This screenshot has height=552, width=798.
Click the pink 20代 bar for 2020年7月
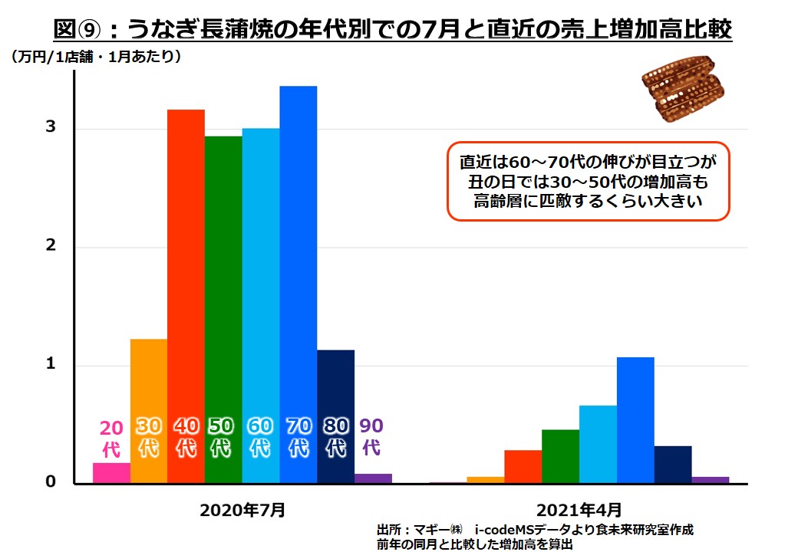[x=111, y=473]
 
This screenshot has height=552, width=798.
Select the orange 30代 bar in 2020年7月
[x=149, y=383]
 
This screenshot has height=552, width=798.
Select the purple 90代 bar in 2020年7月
[x=373, y=478]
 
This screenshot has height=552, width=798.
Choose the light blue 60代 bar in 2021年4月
[x=598, y=445]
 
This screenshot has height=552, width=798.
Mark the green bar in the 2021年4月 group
[x=560, y=457]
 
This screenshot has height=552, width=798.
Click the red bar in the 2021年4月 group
[x=523, y=467]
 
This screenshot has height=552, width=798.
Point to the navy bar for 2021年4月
[x=673, y=465]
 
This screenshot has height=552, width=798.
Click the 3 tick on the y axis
[x=50, y=127]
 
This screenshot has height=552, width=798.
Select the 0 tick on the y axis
[x=50, y=482]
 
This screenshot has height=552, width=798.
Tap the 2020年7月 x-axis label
[x=242, y=509]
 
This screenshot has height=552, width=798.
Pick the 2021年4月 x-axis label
[x=579, y=509]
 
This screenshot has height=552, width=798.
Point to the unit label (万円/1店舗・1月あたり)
[x=96, y=56]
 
